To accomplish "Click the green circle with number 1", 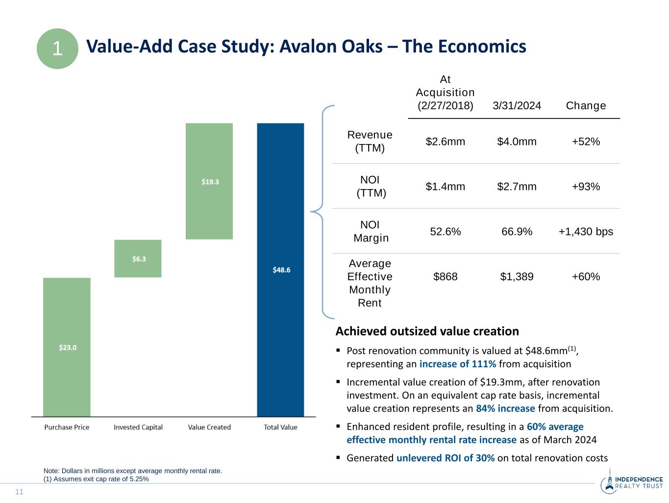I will tap(57, 48).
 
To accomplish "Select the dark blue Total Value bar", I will tap(280, 269).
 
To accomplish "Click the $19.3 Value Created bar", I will tap(209, 181).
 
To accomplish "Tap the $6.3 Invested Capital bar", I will tap(138, 259).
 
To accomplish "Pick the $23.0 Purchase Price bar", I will tap(67, 347).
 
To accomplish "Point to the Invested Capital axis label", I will tap(138, 427).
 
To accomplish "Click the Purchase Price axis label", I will tap(67, 427).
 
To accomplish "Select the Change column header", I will tap(586, 106).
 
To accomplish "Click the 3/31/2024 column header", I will tap(517, 106).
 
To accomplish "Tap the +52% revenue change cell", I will tap(586, 142).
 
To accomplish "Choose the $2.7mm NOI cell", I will tap(517, 187).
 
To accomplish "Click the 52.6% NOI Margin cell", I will tap(445, 232).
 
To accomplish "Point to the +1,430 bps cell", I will tap(586, 232).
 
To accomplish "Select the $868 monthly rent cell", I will tap(445, 277).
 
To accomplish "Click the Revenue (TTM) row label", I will tap(370, 141).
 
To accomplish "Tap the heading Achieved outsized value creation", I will tap(427, 332).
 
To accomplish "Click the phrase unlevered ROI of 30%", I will tap(445, 458).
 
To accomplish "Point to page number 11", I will tap(20, 492).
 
